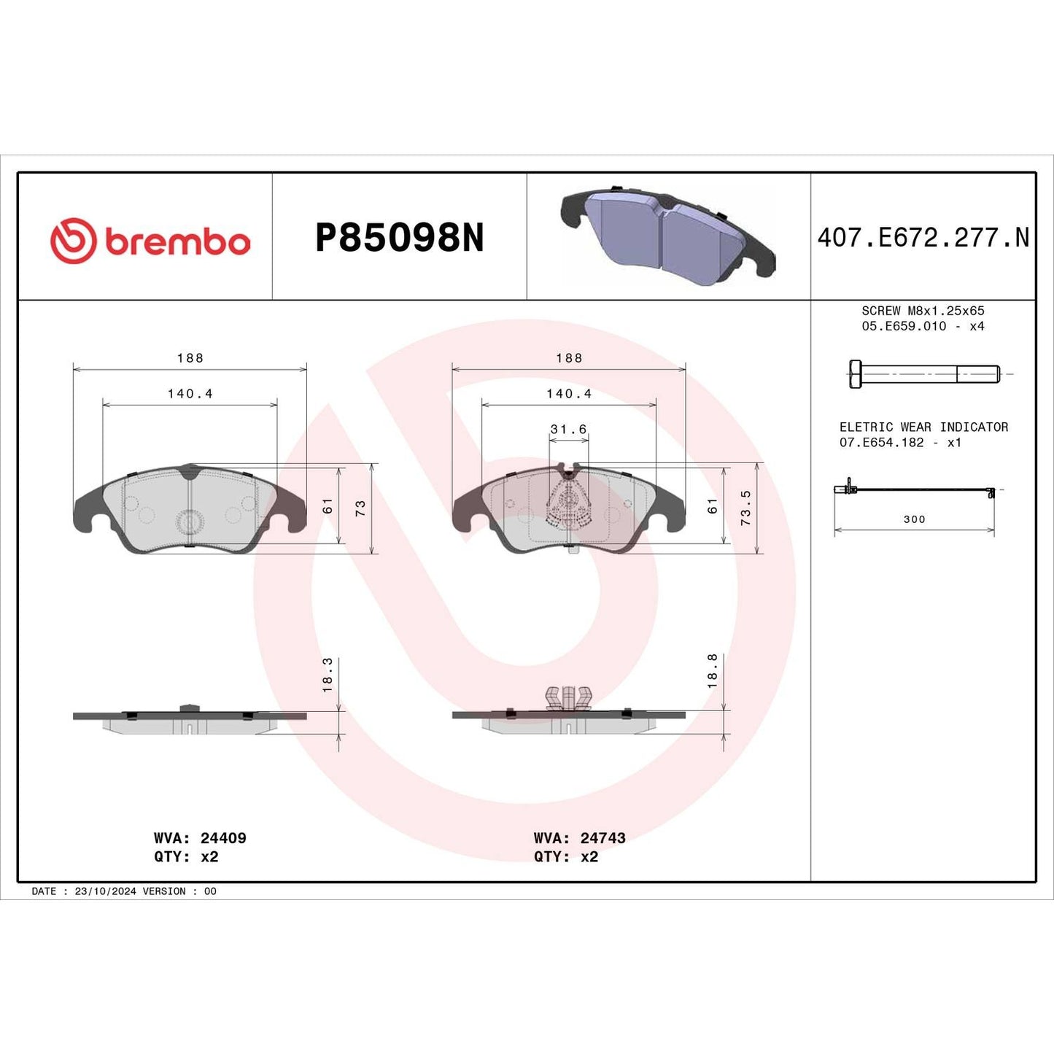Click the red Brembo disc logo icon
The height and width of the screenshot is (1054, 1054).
pyautogui.click(x=73, y=240)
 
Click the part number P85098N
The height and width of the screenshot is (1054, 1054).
pyautogui.click(x=399, y=238)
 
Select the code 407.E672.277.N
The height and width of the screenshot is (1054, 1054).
pyautogui.click(x=923, y=238)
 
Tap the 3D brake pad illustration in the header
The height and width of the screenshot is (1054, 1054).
pyautogui.click(x=667, y=236)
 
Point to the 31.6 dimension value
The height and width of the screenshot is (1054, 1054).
pyautogui.click(x=568, y=430)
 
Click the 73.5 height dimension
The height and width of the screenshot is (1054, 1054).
pyautogui.click(x=745, y=508)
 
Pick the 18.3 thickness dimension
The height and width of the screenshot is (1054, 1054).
pyautogui.click(x=328, y=675)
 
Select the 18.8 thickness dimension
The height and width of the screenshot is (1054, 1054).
pyautogui.click(x=713, y=671)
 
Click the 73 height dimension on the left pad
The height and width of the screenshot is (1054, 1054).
pyautogui.click(x=360, y=508)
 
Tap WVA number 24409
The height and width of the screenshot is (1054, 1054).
pyautogui.click(x=223, y=838)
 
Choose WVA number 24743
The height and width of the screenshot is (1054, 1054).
pyautogui.click(x=602, y=838)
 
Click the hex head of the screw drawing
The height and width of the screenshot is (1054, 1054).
pyautogui.click(x=856, y=374)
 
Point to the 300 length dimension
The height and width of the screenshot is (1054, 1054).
pyautogui.click(x=914, y=519)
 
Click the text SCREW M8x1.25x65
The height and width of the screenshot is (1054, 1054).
pyautogui.click(x=923, y=311)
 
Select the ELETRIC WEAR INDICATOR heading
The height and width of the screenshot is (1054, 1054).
pyautogui.click(x=923, y=427)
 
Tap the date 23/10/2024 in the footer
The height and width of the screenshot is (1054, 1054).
pyautogui.click(x=105, y=891)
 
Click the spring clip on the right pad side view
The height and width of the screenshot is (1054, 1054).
pyautogui.click(x=568, y=697)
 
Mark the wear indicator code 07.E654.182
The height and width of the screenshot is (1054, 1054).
pyautogui.click(x=881, y=443)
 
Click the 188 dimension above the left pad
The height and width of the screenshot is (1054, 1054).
pyautogui.click(x=190, y=358)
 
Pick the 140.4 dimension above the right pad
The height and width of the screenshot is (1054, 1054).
pyautogui.click(x=569, y=394)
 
